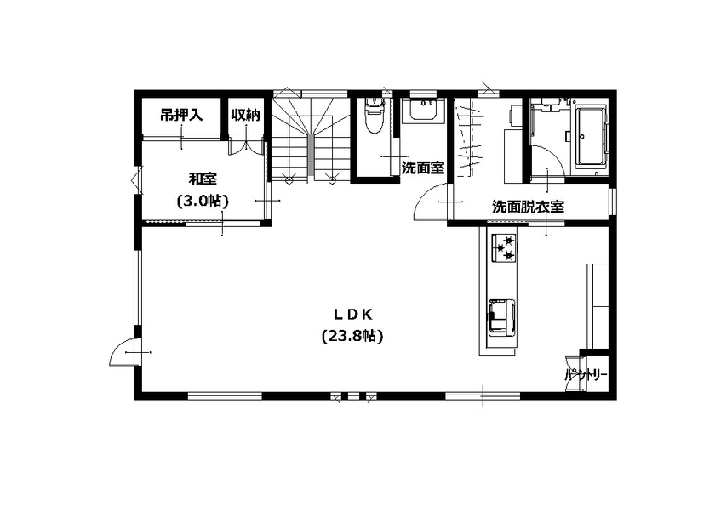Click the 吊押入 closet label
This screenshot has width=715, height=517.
tap(181, 115)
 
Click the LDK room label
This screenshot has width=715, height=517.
tap(353, 313)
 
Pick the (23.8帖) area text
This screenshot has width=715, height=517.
tap(353, 336)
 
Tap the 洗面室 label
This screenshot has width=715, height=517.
tap(422, 168)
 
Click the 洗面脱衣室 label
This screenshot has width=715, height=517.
tap(529, 207)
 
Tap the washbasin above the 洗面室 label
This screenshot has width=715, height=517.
tap(422, 111)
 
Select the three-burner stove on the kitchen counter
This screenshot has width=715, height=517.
tap(503, 247)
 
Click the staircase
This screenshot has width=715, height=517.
tap(311, 136)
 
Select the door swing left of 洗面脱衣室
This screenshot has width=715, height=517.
tap(429, 203)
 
